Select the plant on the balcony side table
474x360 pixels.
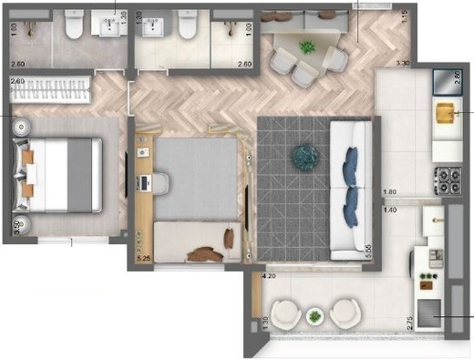[x=315, y=316]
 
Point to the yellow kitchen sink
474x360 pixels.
[x=446, y=113]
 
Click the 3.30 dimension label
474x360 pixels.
[x=403, y=64]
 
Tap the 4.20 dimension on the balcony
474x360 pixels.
[x=269, y=275]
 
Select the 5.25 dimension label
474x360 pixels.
[x=142, y=260]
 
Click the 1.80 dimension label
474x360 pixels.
[x=390, y=192]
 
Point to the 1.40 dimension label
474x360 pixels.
[x=390, y=211]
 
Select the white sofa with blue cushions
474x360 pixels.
[x=348, y=188]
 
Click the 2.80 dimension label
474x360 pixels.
[x=458, y=77]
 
